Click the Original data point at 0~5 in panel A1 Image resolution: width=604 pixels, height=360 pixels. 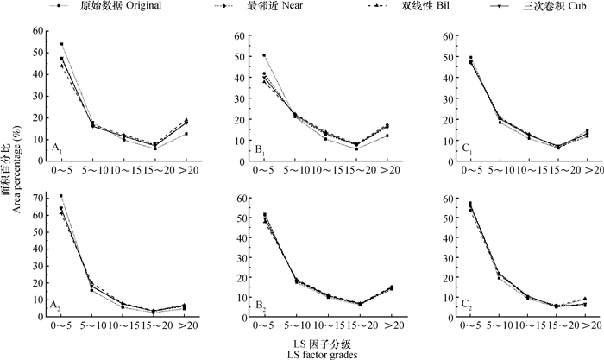coord(61,44)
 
